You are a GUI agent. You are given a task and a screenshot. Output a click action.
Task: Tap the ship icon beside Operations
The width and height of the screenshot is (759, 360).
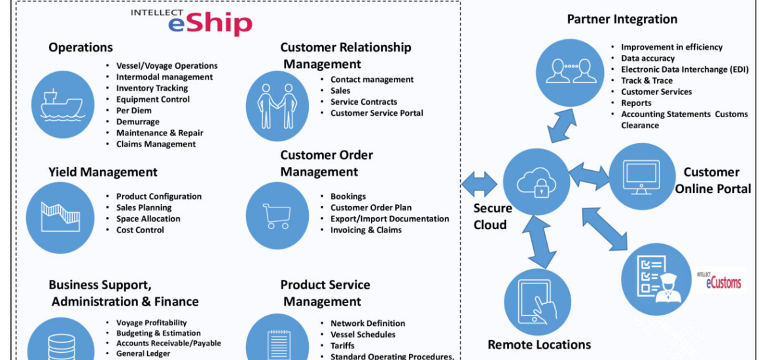[62, 103]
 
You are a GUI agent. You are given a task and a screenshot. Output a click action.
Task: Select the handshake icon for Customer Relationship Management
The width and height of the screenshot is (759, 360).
[277, 106]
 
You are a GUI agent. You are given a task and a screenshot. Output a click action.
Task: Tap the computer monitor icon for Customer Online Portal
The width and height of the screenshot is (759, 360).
[641, 176]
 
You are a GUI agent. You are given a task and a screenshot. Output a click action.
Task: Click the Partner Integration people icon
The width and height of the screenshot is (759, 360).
[568, 69]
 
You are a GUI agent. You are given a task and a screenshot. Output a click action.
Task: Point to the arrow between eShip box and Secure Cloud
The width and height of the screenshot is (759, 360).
[480, 183]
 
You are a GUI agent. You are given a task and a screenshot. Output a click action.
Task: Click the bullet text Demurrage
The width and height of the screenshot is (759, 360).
[138, 122]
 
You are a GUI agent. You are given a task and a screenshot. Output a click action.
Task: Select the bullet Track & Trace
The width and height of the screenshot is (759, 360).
[646, 81]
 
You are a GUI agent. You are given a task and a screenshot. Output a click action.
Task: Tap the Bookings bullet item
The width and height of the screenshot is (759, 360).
[348, 196]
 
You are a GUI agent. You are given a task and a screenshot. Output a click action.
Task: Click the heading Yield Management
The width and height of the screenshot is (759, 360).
[103, 172]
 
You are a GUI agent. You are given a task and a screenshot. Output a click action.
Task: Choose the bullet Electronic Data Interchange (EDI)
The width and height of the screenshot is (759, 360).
[684, 69]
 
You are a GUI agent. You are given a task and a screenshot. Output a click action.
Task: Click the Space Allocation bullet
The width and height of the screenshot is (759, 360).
[148, 219]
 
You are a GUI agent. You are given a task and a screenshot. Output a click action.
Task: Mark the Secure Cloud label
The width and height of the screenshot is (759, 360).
[492, 217]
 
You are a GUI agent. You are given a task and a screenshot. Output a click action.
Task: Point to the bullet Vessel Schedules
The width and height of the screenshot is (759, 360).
[362, 334]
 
